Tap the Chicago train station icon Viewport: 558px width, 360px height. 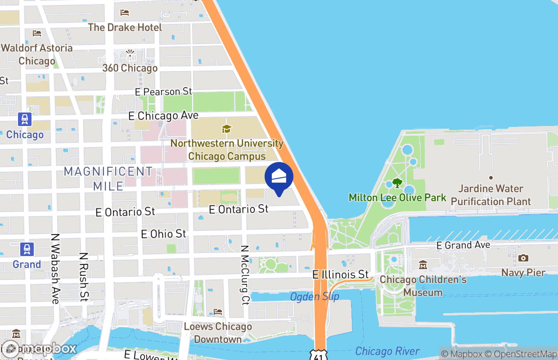(25, 120)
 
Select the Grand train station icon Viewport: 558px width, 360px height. (27, 249)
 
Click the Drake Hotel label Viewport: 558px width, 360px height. (125, 27)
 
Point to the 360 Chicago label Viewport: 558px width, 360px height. (130, 68)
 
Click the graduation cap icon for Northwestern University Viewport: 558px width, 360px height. (226, 129)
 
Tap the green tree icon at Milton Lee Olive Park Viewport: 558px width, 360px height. (397, 183)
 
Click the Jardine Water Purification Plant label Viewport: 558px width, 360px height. (491, 195)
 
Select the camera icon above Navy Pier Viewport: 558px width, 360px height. (523, 258)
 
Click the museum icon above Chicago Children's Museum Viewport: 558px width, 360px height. (423, 265)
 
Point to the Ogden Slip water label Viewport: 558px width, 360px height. (315, 297)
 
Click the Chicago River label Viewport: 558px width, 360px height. (387, 351)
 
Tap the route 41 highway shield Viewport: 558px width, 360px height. (319, 354)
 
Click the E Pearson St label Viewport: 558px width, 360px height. (164, 92)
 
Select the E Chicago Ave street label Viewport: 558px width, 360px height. (163, 116)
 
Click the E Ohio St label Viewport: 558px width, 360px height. (163, 234)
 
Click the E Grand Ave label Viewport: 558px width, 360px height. (463, 245)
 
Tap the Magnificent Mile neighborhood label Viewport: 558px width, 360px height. (108, 179)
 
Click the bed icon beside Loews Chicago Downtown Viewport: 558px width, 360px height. (218, 312)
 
